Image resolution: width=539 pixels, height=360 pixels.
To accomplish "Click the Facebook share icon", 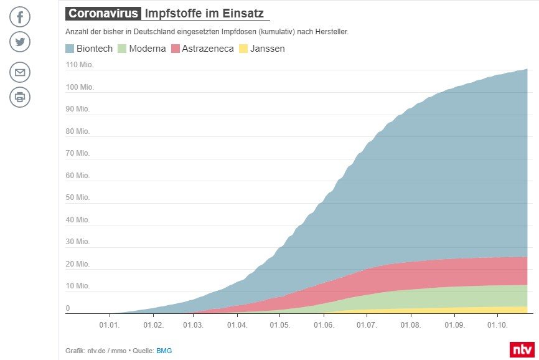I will pyautogui.click(x=20, y=16).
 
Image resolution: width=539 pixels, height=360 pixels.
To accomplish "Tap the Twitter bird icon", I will pyautogui.click(x=20, y=42).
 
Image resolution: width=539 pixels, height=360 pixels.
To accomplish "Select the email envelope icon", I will pyautogui.click(x=20, y=72).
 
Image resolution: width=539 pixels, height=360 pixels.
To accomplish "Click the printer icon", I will pyautogui.click(x=20, y=97).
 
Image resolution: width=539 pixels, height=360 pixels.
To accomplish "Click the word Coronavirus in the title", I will pyautogui.click(x=103, y=13).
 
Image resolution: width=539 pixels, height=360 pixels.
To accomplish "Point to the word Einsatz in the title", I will pyautogui.click(x=247, y=13).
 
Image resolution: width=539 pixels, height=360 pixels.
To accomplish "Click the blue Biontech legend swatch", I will pyautogui.click(x=69, y=49).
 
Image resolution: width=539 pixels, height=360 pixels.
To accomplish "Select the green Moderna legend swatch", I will pyautogui.click(x=122, y=49).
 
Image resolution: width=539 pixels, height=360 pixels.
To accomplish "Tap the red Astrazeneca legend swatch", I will pyautogui.click(x=176, y=49).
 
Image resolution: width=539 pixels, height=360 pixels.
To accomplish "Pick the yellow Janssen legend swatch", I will pyautogui.click(x=243, y=49).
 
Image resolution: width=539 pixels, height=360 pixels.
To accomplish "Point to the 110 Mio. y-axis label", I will pyautogui.click(x=80, y=65).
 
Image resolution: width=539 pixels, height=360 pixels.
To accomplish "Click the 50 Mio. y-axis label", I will pyautogui.click(x=78, y=197).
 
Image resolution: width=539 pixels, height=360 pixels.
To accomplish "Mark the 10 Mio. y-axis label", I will pyautogui.click(x=78, y=286).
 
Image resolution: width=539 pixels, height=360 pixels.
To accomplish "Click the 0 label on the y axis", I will pyautogui.click(x=68, y=308).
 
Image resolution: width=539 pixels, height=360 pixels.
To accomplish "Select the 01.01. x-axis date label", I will pyautogui.click(x=110, y=325).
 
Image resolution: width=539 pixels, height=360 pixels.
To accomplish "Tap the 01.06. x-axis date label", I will pyautogui.click(x=324, y=325).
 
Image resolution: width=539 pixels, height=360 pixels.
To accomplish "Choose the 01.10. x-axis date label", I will pyautogui.click(x=498, y=325).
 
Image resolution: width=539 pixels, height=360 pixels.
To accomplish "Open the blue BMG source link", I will pyautogui.click(x=164, y=351).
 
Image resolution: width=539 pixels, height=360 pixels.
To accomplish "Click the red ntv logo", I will pyautogui.click(x=522, y=349).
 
